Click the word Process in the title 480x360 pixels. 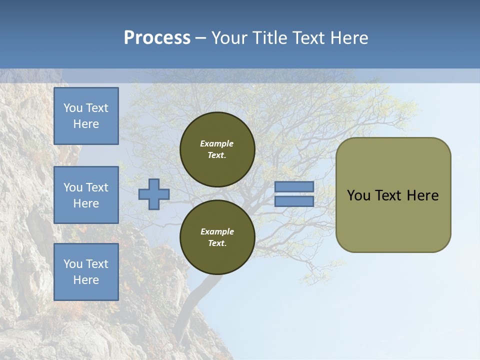[157, 38]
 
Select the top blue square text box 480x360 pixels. [86, 116]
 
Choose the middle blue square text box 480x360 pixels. [86, 195]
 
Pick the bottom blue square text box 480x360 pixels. [86, 272]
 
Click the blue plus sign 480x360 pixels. [153, 194]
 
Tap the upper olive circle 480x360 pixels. [217, 149]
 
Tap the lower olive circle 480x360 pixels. [217, 237]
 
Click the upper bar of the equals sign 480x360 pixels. [294, 186]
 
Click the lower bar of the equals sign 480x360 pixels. [294, 201]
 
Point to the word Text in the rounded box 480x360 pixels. [390, 195]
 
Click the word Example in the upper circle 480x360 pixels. [216, 143]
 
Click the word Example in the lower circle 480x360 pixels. [217, 231]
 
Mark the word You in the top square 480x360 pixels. [73, 108]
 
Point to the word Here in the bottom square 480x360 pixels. [86, 280]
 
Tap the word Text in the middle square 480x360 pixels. [97, 187]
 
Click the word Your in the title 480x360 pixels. [227, 38]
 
